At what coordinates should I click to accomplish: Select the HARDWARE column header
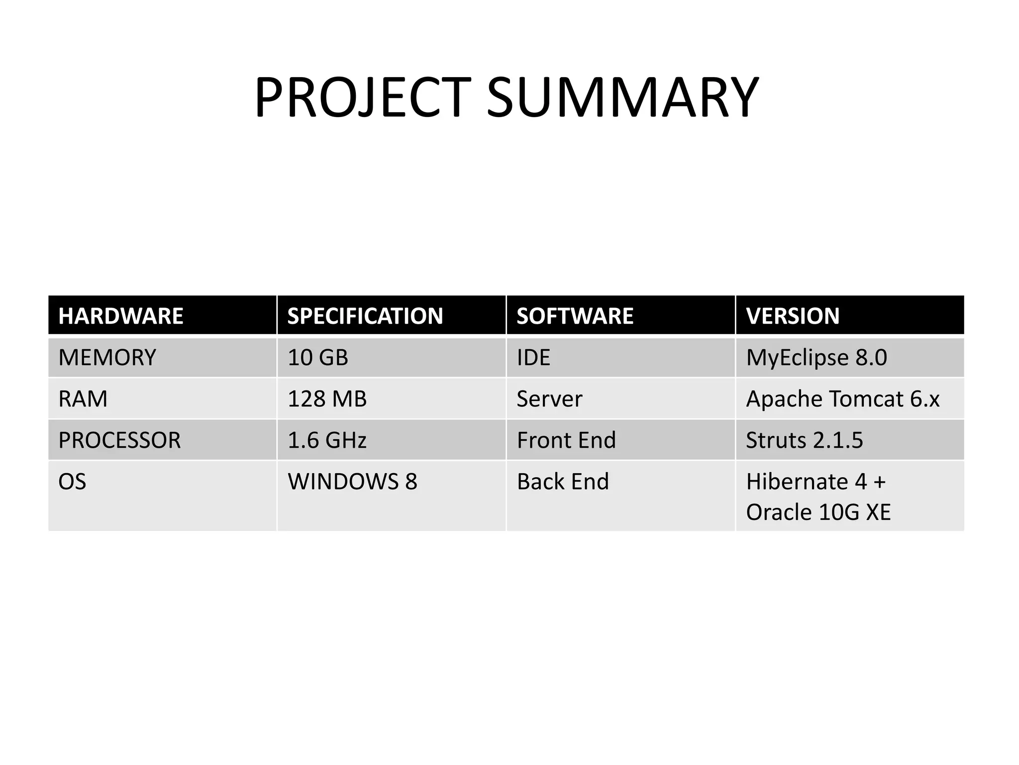point(121,316)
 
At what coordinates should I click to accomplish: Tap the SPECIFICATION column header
point(365,316)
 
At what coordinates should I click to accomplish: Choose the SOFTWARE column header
point(575,316)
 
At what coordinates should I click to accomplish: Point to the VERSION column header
point(793,316)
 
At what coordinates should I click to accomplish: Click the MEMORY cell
point(107,358)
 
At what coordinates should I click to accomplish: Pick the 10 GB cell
point(318,358)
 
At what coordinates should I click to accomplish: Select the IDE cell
point(533,358)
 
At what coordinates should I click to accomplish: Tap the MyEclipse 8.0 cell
point(816,358)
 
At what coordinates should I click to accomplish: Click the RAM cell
point(83,399)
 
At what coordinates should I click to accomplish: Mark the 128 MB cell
point(327,399)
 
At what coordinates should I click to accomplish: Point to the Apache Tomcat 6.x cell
point(843,399)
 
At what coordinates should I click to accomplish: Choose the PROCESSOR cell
point(119,440)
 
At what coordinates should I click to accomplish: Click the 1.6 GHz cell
point(327,440)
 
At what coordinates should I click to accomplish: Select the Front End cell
point(566,440)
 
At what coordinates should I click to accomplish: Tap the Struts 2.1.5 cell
point(805,440)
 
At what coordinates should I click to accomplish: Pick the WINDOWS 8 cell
point(352,482)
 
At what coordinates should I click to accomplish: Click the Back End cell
point(563,482)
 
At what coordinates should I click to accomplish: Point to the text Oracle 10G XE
point(818,512)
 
